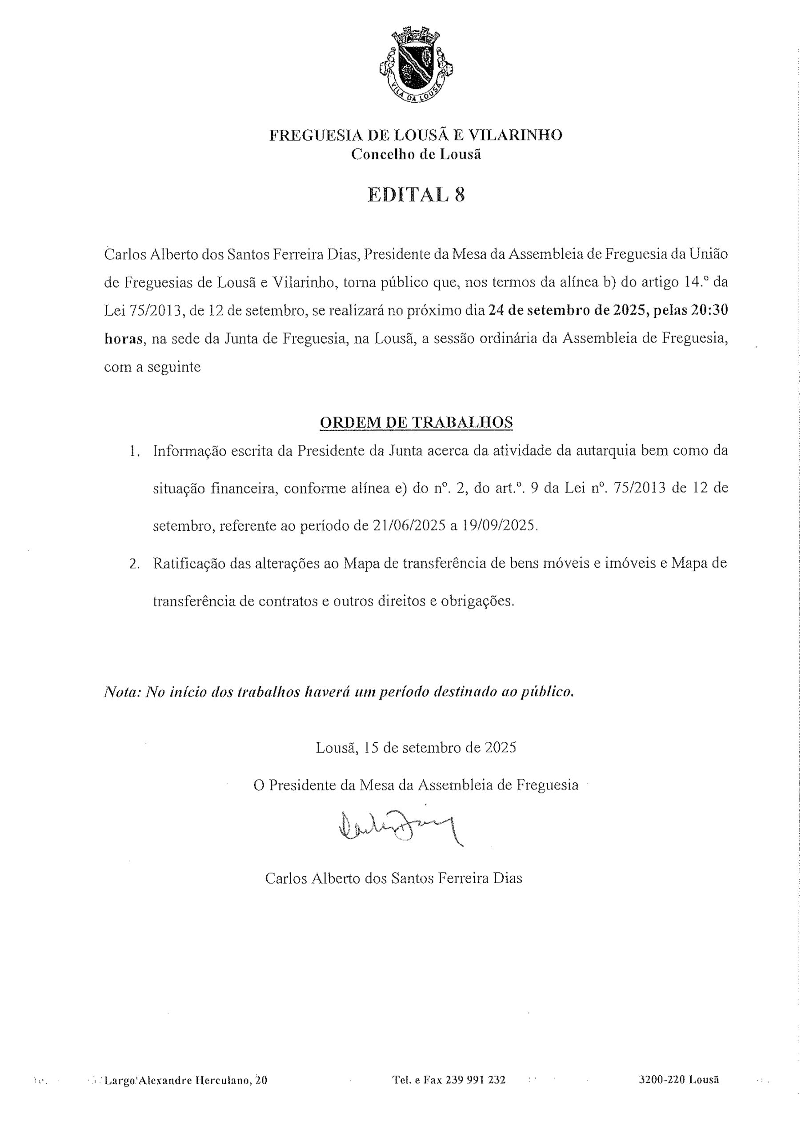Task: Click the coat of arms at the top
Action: pos(416,66)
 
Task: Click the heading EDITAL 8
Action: pos(416,195)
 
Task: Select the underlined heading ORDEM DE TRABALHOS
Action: pos(416,422)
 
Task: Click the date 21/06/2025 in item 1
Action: pos(408,526)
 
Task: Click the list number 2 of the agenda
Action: pos(134,565)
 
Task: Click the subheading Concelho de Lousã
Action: pos(416,154)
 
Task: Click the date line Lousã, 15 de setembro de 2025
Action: pos(416,747)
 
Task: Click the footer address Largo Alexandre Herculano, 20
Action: pos(186,1079)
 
